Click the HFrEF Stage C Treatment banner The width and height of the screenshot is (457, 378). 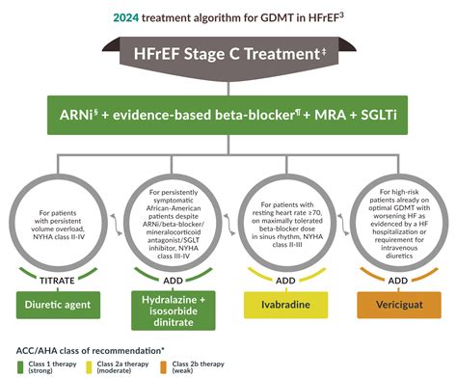click(x=228, y=57)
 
